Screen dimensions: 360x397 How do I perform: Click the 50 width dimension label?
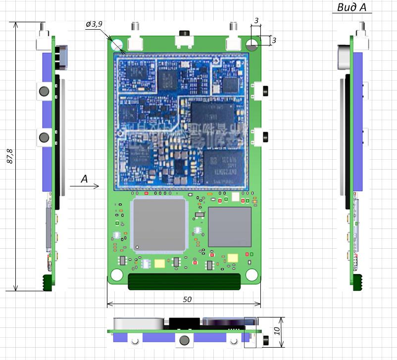pyautogui.click(x=187, y=299)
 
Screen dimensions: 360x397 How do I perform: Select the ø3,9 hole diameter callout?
pyautogui.click(x=94, y=24)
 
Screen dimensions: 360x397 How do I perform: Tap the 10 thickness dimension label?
pyautogui.click(x=278, y=330)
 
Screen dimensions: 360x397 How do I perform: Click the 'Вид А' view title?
pyautogui.click(x=352, y=7)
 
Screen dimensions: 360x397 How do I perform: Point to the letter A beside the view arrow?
pyautogui.click(x=84, y=179)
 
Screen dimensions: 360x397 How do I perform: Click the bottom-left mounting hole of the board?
pyautogui.click(x=117, y=274)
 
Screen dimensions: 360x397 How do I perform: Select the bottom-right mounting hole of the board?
pyautogui.click(x=252, y=274)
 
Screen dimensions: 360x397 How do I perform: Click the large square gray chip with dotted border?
pyautogui.click(x=159, y=225)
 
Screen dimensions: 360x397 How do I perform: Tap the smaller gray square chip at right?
pyautogui.click(x=230, y=227)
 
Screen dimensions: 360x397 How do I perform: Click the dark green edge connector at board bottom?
pyautogui.click(x=185, y=281)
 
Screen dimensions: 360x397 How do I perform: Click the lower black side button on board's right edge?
pyautogui.click(x=266, y=136)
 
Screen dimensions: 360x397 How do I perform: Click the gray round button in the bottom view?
pyautogui.click(x=185, y=340)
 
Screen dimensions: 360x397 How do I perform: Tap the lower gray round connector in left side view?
pyautogui.click(x=45, y=136)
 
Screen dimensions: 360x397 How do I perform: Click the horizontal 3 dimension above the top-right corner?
pyautogui.click(x=256, y=20)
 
